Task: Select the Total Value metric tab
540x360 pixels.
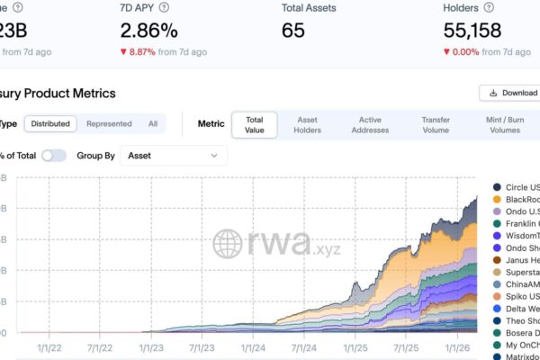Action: pyautogui.click(x=255, y=124)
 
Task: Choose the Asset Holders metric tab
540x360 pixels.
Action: pyautogui.click(x=307, y=124)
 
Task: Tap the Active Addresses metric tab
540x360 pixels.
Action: pyautogui.click(x=370, y=124)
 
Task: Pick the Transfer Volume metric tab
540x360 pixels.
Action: pyautogui.click(x=436, y=124)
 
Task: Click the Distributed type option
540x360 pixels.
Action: pyautogui.click(x=49, y=124)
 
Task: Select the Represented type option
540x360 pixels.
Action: pyautogui.click(x=109, y=124)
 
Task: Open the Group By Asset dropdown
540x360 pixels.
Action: pyautogui.click(x=173, y=156)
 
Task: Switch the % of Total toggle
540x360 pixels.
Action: pyautogui.click(x=53, y=156)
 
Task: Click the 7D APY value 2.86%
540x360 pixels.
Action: pyautogui.click(x=148, y=30)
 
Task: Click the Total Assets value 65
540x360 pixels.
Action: pyautogui.click(x=293, y=30)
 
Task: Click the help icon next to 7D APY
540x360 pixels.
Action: pyautogui.click(x=164, y=7)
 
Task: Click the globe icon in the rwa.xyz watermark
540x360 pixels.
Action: pyautogui.click(x=228, y=243)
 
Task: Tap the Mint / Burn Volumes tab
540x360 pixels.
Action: pyautogui.click(x=504, y=124)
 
